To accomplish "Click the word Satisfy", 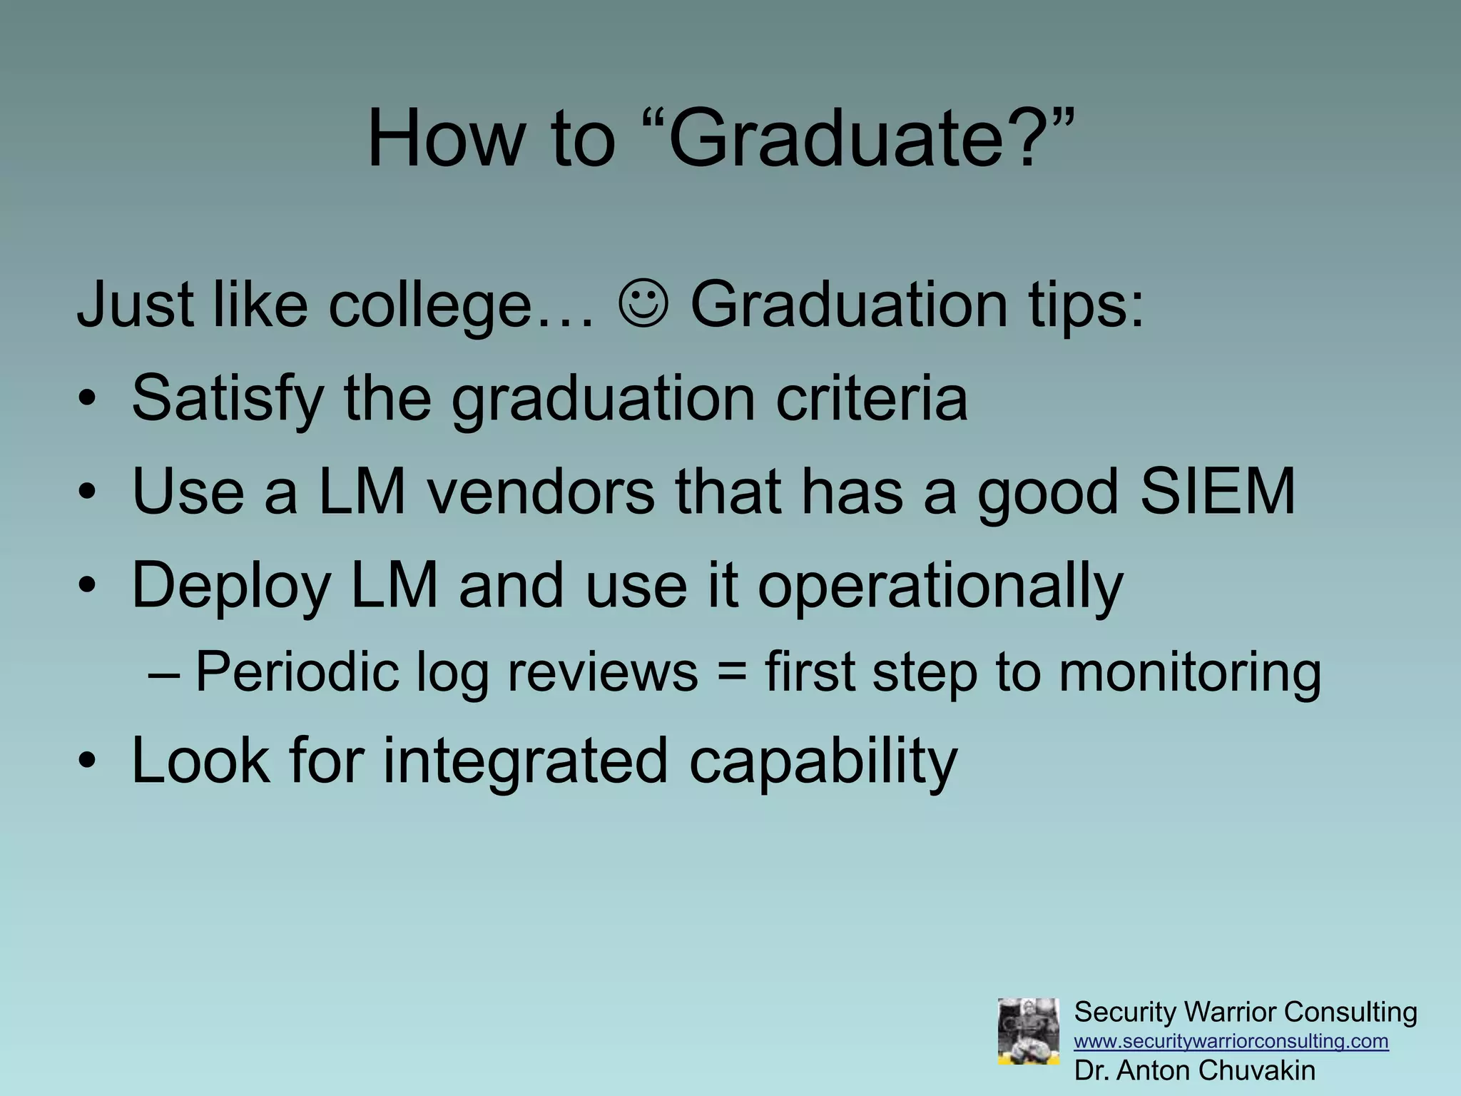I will pyautogui.click(x=228, y=400).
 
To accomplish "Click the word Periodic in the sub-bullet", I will pyautogui.click(x=297, y=673).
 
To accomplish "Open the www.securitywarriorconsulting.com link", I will pyautogui.click(x=1231, y=1041).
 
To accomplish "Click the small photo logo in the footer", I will pyautogui.click(x=1028, y=1031).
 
